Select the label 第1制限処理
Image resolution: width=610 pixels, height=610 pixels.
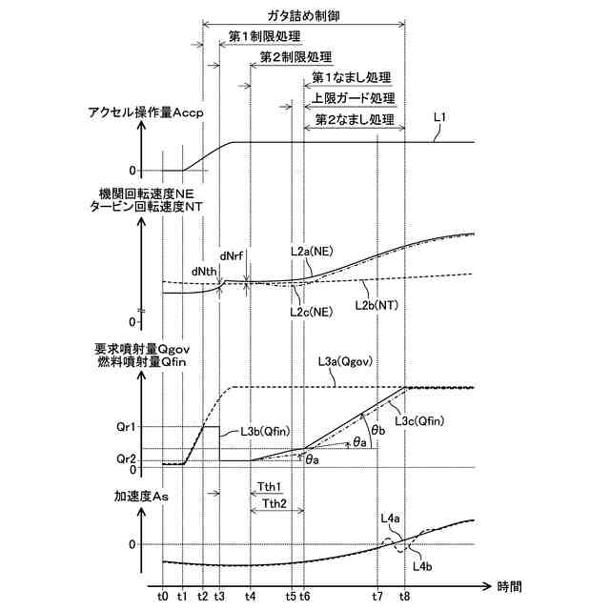click(265, 37)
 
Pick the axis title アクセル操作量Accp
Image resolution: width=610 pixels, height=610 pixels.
click(147, 112)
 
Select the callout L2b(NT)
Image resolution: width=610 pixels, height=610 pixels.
click(376, 305)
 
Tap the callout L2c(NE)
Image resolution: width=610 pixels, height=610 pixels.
click(311, 312)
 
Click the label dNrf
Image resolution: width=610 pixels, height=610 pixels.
click(234, 255)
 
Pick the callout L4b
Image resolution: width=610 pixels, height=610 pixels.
click(423, 566)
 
